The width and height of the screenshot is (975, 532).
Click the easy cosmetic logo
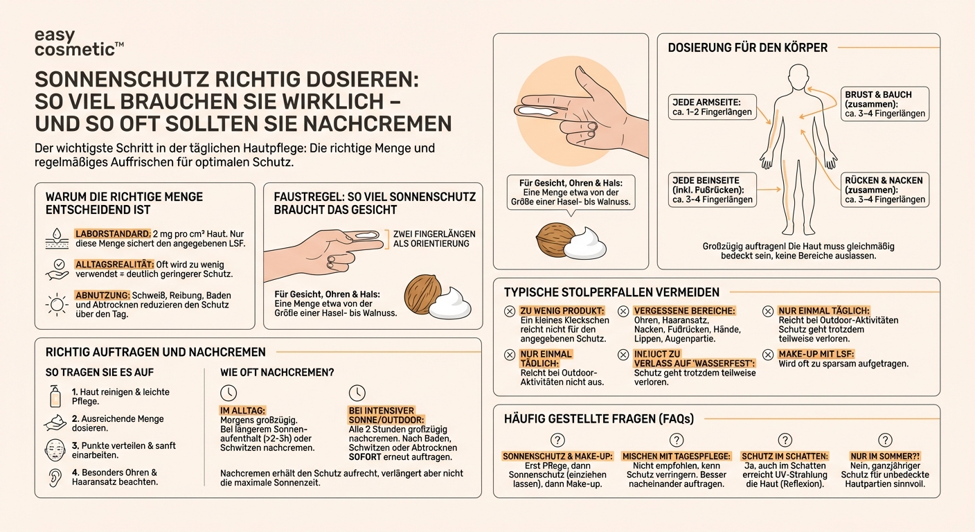[x=78, y=42]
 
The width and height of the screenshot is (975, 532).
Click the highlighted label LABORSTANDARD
[x=112, y=234]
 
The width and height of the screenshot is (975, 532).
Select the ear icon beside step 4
[x=55, y=477]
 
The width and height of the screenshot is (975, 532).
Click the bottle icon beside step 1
[x=55, y=396]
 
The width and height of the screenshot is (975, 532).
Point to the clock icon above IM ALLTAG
[x=228, y=393]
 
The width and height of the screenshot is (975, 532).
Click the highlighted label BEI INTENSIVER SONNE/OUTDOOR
[x=386, y=415]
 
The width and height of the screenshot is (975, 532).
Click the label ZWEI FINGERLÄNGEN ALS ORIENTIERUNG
[x=434, y=238]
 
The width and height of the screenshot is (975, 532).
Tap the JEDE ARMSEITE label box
[x=711, y=107]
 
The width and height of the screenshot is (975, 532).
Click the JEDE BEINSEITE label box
[x=711, y=190]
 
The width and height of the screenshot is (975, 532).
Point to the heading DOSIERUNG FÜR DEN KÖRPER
[x=747, y=48]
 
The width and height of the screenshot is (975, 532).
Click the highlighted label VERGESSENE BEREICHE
[x=684, y=311]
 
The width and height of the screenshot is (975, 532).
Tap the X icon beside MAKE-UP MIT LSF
[x=768, y=354]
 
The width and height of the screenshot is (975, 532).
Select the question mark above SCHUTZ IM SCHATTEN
[x=785, y=440]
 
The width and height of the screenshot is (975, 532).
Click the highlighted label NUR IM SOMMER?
[x=884, y=456]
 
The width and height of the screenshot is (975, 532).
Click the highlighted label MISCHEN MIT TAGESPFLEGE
[x=677, y=456]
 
